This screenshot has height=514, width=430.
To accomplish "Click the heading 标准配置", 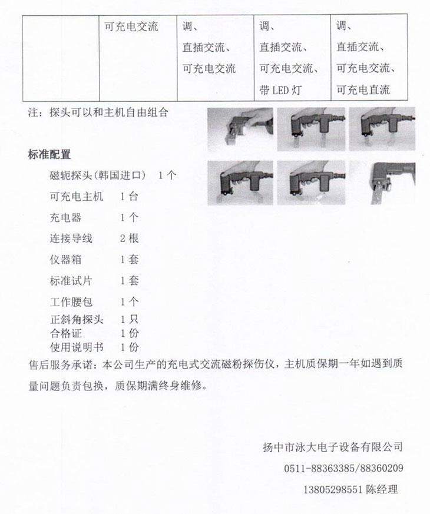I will [x=49, y=155].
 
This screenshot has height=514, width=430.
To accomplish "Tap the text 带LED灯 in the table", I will [x=280, y=90].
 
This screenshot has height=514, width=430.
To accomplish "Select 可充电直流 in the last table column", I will [x=363, y=90].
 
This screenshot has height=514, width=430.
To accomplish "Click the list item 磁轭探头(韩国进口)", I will [x=98, y=175].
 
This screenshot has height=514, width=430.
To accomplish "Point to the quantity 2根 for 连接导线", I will [x=130, y=238].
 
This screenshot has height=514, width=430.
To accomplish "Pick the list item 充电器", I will [x=65, y=218].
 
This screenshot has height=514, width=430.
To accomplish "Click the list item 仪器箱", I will [x=65, y=260].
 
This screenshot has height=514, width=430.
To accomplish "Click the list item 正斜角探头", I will [x=77, y=320].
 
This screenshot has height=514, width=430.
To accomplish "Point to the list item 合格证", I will [x=65, y=333].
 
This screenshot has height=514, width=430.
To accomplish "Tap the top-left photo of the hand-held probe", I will [x=240, y=129].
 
